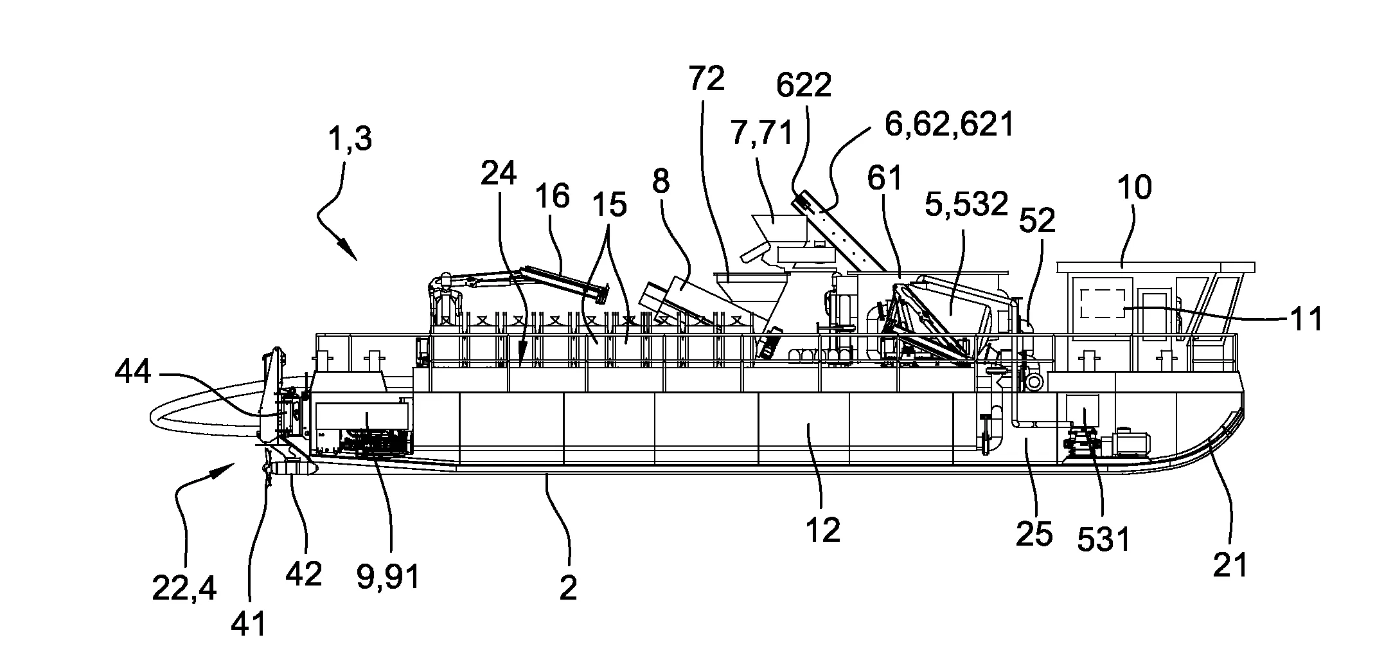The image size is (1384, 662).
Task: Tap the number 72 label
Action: pos(706,79)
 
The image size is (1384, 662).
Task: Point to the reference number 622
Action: pos(803,85)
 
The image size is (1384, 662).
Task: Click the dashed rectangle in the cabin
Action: pos(1103,303)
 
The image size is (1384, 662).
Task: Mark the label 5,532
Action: pos(966,204)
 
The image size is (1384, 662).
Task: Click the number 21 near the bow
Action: pos(1230,565)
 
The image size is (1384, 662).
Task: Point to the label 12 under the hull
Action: pos(822,531)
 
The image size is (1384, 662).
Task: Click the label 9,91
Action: pos(387,576)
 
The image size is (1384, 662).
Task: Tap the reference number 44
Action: pos(133,372)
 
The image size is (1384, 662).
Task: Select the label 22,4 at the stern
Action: pos(184,587)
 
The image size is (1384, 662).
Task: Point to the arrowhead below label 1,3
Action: pos(350,252)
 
